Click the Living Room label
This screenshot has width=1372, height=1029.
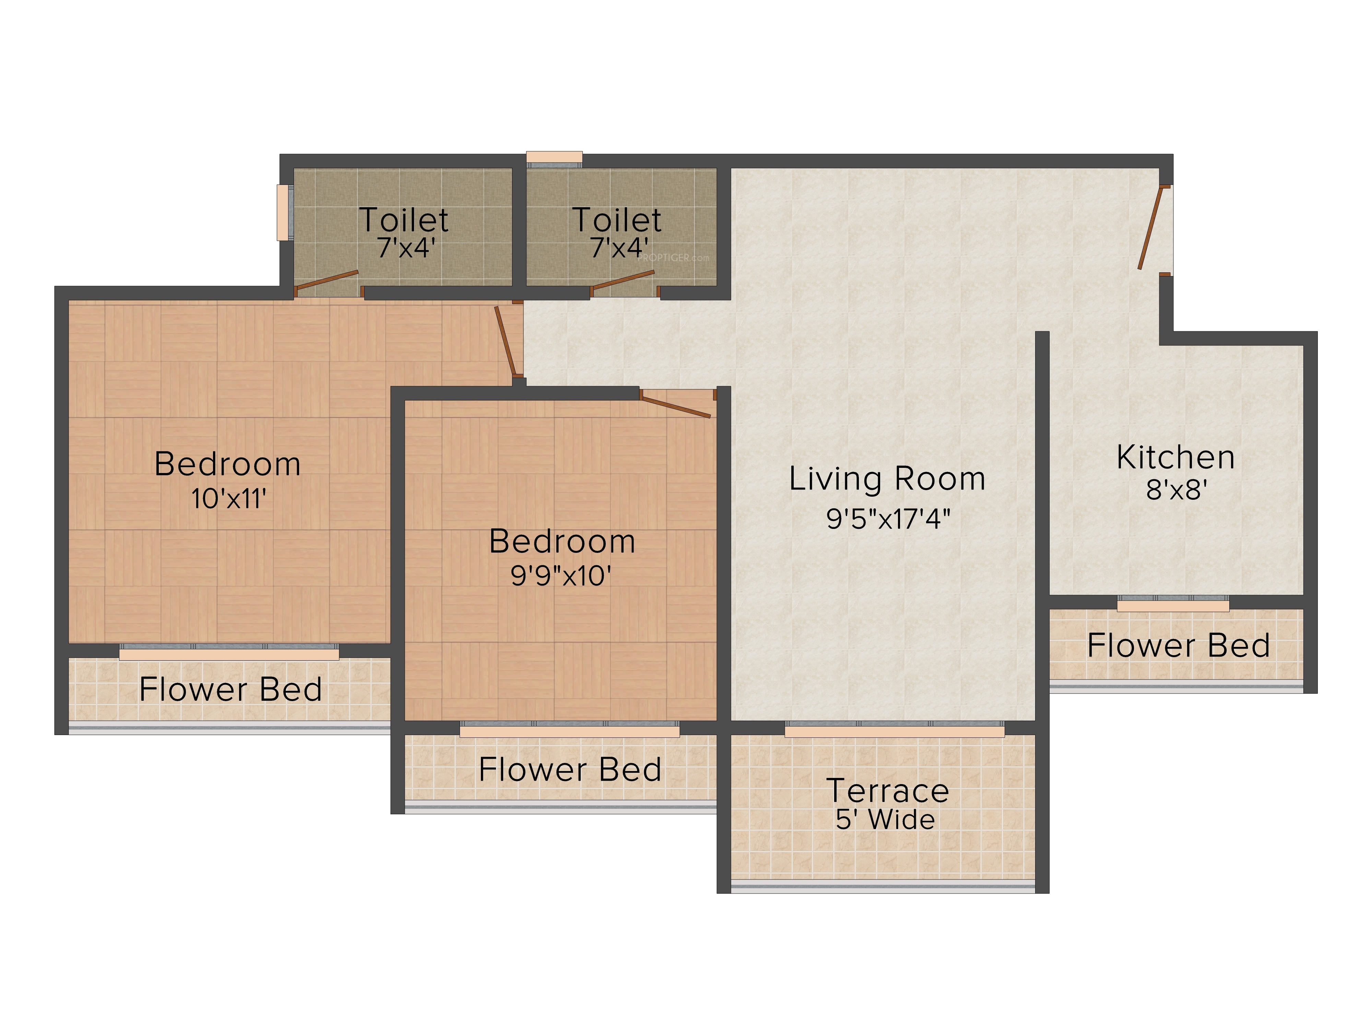(887, 480)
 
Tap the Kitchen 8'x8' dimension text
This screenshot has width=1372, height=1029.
(1176, 490)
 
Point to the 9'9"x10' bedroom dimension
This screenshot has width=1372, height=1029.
(561, 576)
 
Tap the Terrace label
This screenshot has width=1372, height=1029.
(888, 791)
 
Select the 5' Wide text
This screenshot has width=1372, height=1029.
(885, 820)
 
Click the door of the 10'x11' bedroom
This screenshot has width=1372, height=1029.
(506, 341)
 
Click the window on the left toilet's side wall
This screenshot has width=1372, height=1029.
(284, 212)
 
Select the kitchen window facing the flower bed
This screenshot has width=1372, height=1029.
(1173, 603)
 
